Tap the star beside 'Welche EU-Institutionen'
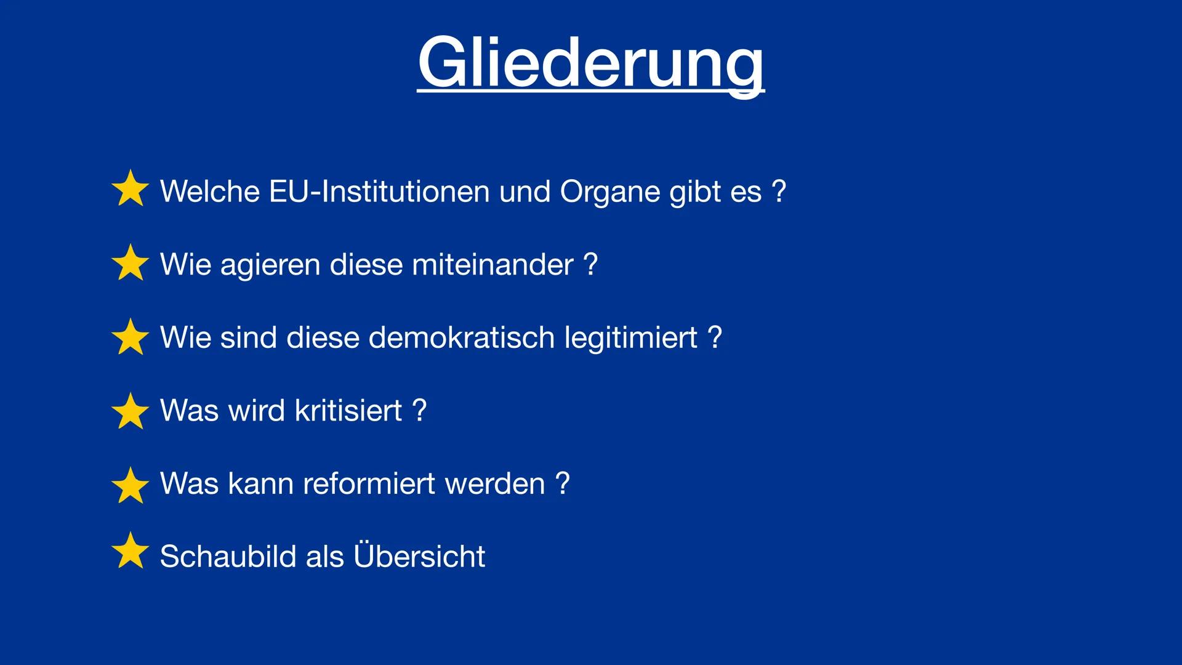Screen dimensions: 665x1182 click(131, 189)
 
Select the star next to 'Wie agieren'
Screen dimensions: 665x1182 click(131, 263)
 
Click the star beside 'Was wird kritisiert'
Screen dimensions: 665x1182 click(131, 411)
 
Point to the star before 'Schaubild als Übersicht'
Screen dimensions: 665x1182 click(131, 551)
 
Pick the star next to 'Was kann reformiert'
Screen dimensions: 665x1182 click(131, 485)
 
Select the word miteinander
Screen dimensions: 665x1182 click(492, 265)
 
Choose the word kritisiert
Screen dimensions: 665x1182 click(348, 411)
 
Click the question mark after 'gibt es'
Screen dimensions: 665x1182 click(779, 191)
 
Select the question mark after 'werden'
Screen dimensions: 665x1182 click(562, 484)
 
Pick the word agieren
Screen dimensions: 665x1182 click(270, 265)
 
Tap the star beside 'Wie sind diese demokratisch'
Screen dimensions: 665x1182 click(131, 337)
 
